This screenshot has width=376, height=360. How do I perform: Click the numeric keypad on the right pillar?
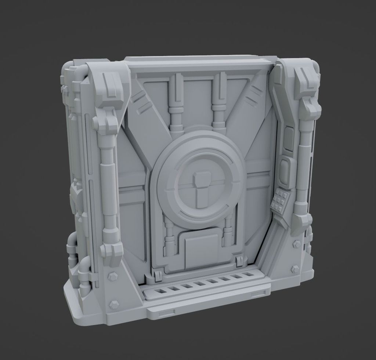coord(281,201)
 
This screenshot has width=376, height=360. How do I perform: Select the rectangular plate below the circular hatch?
coord(201,251)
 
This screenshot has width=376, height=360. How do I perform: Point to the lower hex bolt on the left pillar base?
coord(115,303)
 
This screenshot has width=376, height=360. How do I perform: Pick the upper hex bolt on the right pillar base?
coord(296,244)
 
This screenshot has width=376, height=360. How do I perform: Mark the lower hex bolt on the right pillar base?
coord(294,269)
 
